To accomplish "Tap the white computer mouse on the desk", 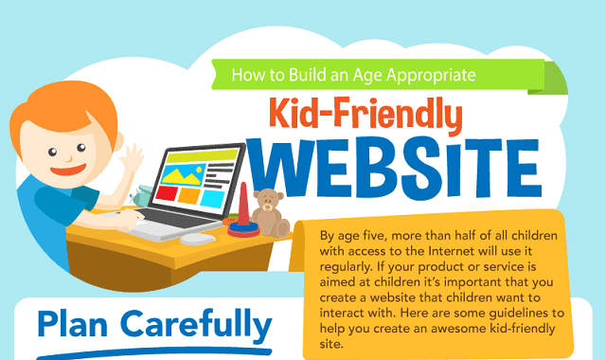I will pos(197,239).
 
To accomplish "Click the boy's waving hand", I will pos(130,158).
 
